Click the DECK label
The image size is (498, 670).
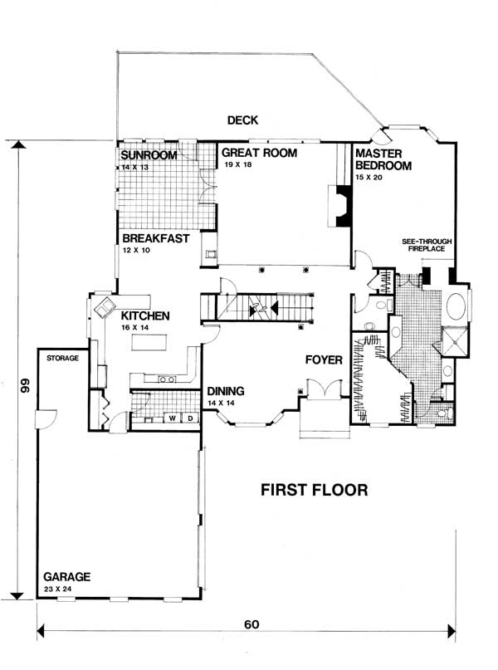coord(245,121)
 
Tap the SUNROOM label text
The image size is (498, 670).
coord(148,155)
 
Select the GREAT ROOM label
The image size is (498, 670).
coord(258,153)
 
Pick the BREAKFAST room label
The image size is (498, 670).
coord(155,238)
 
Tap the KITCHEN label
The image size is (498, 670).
coord(145,315)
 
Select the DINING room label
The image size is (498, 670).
coord(226,391)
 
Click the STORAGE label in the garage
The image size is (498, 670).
coord(62,359)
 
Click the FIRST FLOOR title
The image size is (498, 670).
coord(314,489)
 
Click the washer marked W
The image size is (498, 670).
coord(173,418)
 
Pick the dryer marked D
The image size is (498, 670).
coord(190,418)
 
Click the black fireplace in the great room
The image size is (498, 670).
coord(339,206)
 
